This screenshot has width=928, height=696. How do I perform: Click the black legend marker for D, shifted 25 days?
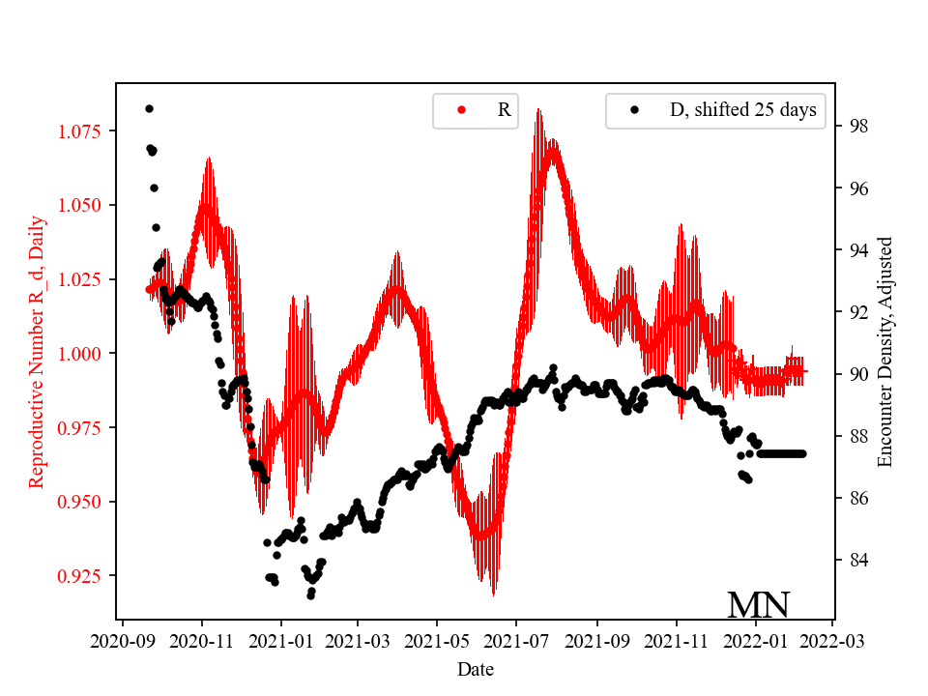click(635, 110)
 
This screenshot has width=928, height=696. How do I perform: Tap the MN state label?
click(758, 605)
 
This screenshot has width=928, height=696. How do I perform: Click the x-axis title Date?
click(478, 668)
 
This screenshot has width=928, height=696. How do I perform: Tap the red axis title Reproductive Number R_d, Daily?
click(37, 353)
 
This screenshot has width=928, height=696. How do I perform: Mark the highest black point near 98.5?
click(149, 108)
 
